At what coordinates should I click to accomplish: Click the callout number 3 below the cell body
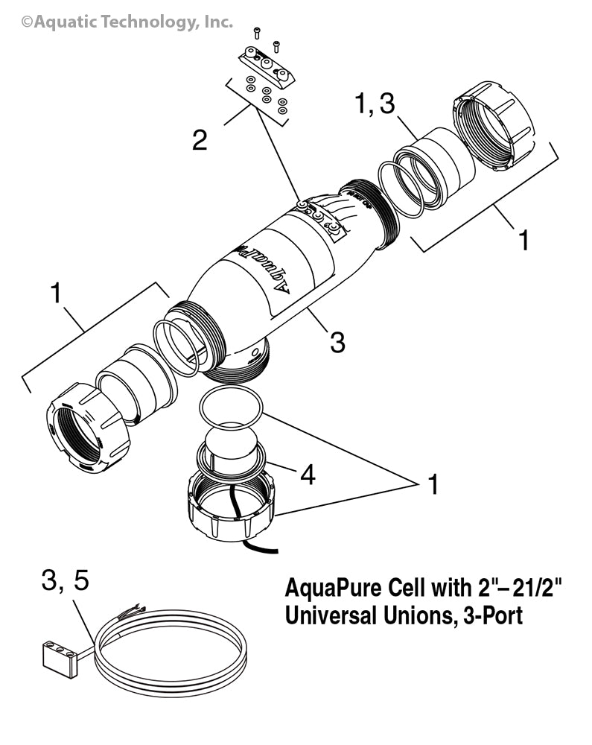pyautogui.click(x=337, y=342)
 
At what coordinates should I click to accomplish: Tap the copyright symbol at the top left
pyautogui.click(x=27, y=23)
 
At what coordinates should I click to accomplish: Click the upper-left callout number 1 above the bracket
pyautogui.click(x=55, y=294)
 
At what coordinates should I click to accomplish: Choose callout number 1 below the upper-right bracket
pyautogui.click(x=523, y=240)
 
